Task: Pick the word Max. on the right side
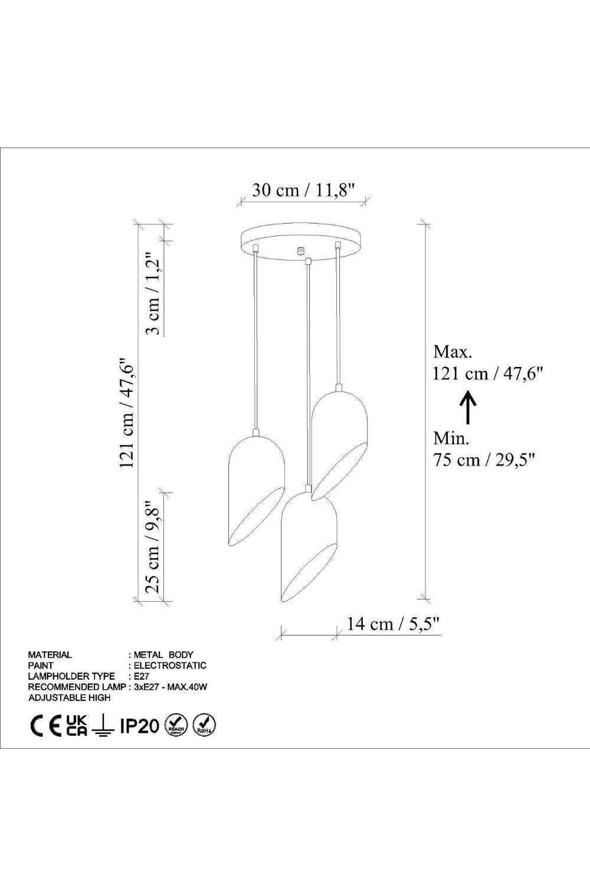pyautogui.click(x=453, y=352)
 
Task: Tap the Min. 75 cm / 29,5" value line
pyautogui.click(x=484, y=460)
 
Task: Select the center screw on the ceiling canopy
pyautogui.click(x=301, y=250)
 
